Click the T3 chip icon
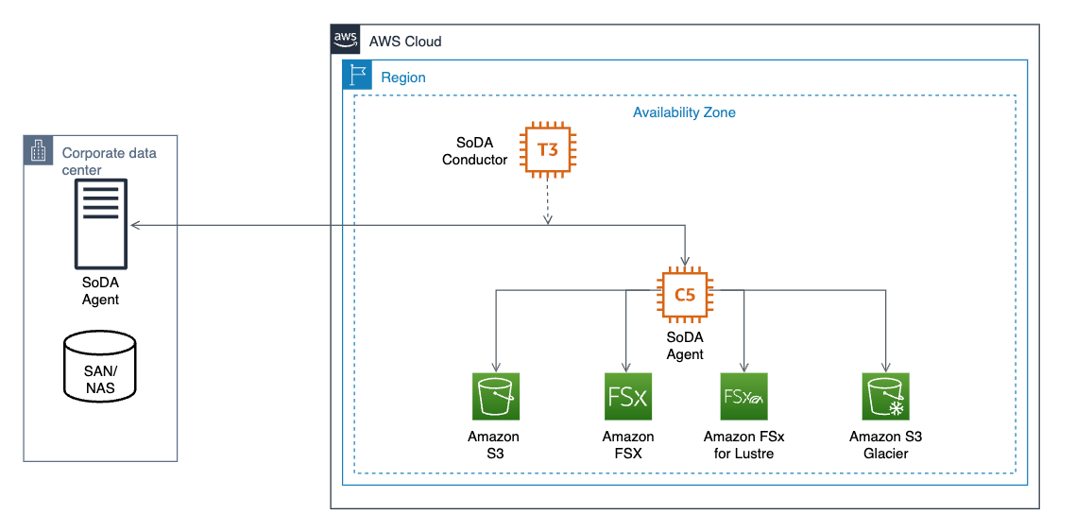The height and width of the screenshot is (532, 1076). click(548, 149)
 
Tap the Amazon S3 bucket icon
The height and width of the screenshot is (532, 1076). click(496, 397)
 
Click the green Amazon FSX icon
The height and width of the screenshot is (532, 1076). click(627, 397)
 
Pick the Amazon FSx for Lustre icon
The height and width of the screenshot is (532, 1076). click(743, 397)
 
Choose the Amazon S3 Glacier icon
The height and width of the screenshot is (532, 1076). click(885, 397)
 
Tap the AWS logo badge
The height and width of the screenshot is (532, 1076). click(344, 40)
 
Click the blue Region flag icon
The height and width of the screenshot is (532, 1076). click(357, 76)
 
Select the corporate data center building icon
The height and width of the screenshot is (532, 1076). click(38, 151)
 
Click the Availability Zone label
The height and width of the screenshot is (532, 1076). click(684, 112)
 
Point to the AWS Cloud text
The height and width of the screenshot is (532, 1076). click(405, 42)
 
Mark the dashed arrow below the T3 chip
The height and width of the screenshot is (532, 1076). click(548, 201)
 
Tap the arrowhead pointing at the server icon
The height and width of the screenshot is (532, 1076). click(135, 226)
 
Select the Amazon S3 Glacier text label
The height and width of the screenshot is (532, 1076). click(885, 445)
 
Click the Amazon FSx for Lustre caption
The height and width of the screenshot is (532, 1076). click(743, 445)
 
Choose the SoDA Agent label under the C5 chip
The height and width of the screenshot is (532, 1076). click(685, 346)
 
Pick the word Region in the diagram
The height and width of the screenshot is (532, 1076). click(403, 77)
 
